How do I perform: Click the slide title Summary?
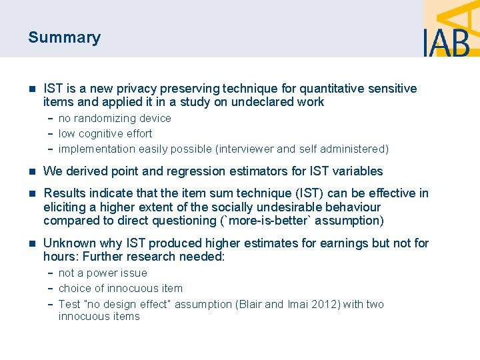click(64, 37)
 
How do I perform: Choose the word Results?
click(64, 193)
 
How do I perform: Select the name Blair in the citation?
click(249, 304)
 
